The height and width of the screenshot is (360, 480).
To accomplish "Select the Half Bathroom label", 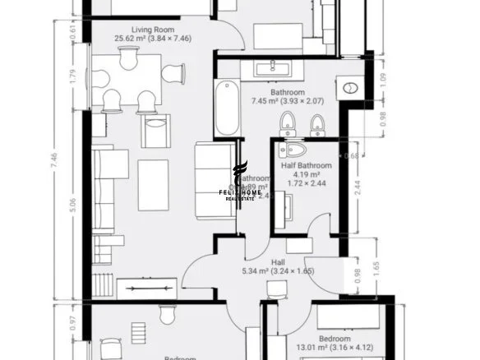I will (x=306, y=165).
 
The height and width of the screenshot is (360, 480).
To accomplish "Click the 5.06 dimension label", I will (x=72, y=202).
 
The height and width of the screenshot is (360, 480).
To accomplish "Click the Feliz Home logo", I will (x=240, y=182).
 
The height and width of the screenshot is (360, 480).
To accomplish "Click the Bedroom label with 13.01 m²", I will (x=335, y=339).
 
